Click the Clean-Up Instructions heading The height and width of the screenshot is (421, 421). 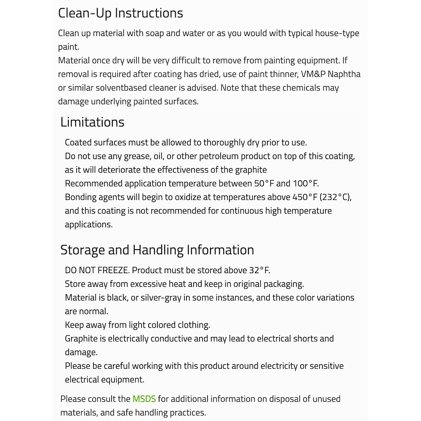pos(120,13)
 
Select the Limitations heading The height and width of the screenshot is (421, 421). pos(92,122)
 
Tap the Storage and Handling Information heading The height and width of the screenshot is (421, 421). pos(157,250)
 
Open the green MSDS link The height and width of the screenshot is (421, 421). pos(144,399)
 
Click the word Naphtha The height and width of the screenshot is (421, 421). pos(344,74)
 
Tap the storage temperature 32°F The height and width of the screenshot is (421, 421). pos(258,270)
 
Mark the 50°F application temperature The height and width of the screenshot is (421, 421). pos(264,184)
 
